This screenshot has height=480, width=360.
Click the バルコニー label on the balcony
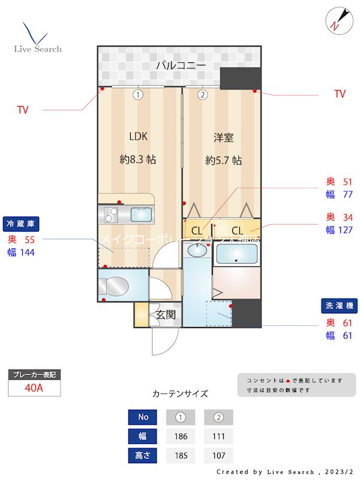click(181, 66)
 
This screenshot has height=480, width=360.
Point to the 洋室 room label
click(223, 138)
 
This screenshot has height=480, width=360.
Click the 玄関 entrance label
click(166, 314)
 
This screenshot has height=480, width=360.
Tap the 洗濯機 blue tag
click(340, 306)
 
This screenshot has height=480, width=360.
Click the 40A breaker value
click(34, 388)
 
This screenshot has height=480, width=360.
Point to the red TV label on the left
click(22, 110)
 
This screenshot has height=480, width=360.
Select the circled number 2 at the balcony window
click(203, 94)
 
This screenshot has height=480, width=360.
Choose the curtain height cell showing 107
click(218, 455)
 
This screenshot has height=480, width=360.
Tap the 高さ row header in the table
click(143, 455)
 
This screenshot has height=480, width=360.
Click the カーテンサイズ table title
click(180, 394)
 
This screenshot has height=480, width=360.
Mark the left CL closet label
click(196, 230)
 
